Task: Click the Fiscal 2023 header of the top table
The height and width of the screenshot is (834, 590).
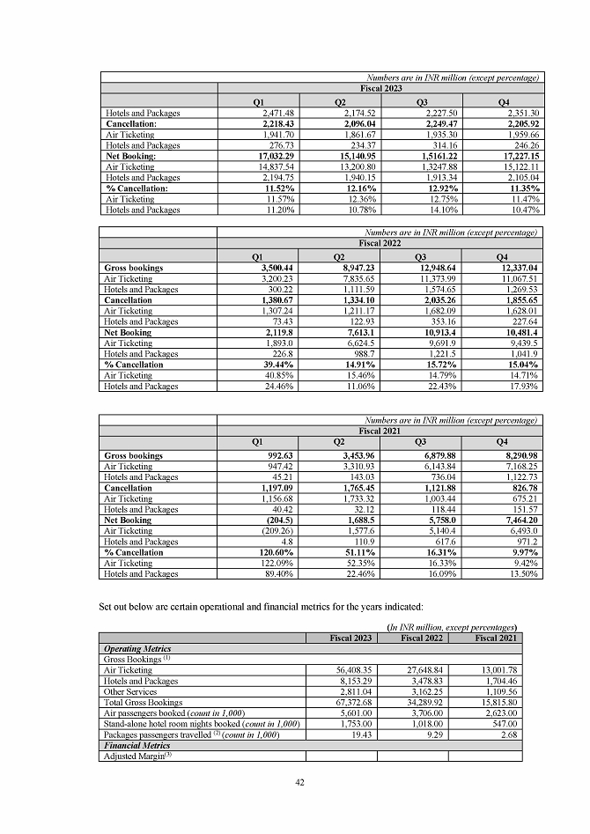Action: click(380, 90)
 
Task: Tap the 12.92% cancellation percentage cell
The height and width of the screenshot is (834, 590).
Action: click(429, 188)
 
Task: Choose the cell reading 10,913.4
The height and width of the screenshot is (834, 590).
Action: click(433, 332)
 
